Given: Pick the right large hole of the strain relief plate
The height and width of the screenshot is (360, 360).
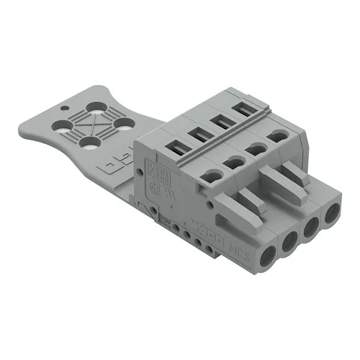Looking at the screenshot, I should [x=125, y=134].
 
